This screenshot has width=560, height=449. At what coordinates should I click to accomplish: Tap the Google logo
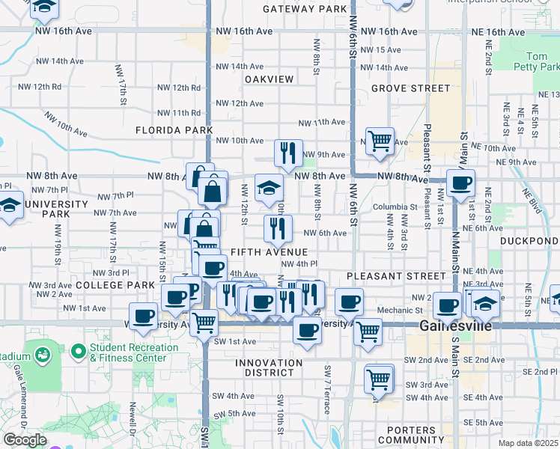[x=25, y=439]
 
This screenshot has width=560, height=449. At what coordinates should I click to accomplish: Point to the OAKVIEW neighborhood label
[x=267, y=79]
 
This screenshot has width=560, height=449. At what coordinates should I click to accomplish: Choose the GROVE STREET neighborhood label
[x=410, y=88]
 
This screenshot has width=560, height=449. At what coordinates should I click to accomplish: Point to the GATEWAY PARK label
[x=305, y=9]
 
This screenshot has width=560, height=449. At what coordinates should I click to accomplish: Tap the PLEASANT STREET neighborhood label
[x=385, y=276]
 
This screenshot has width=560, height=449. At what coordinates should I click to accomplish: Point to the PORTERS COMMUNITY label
[x=407, y=435]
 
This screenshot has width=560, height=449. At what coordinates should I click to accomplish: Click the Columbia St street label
[x=395, y=207]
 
